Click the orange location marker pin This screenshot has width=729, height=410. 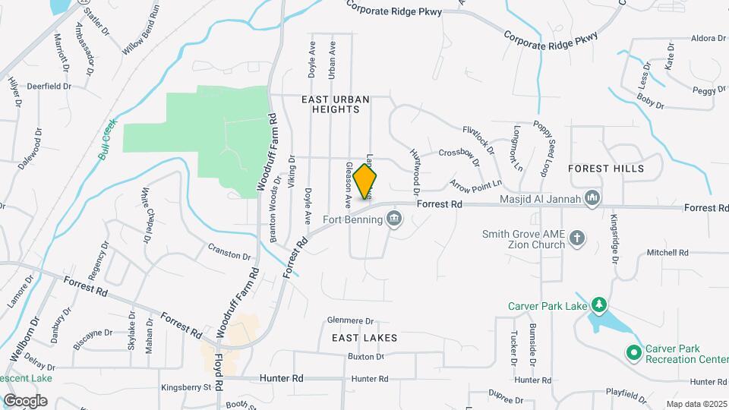tap(365, 181)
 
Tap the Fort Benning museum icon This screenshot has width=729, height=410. tap(393, 220)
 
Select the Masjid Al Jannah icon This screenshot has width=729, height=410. tap(592, 200)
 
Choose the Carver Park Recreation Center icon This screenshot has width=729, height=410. tap(633, 352)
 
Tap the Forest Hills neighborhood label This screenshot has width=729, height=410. tap(606, 169)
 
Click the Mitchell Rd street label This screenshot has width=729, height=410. tap(667, 253)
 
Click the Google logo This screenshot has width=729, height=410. tap(25, 400)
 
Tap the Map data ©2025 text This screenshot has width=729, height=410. tap(696, 404)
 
